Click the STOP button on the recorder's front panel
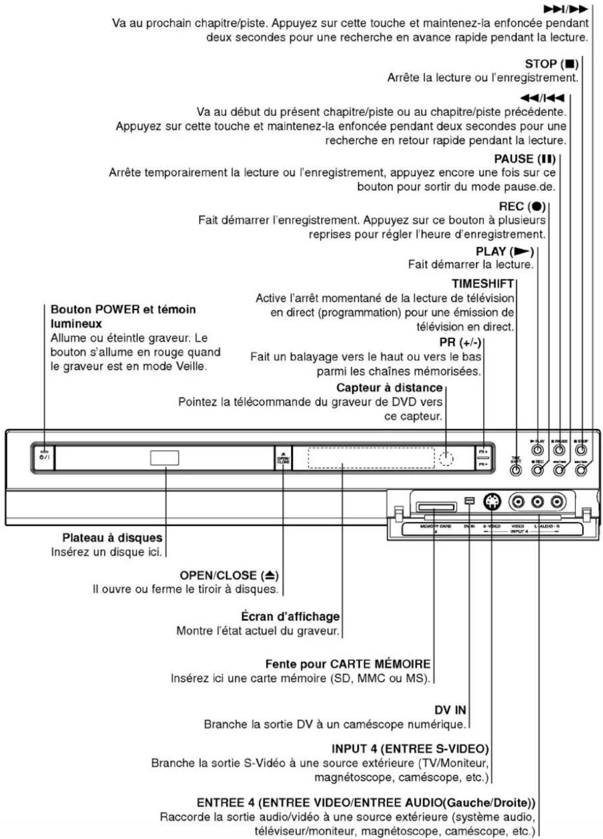pyautogui.click(x=581, y=450)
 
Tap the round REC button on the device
pyautogui.click(x=537, y=470)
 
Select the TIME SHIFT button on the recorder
pyautogui.click(x=516, y=470)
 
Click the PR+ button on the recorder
pyautogui.click(x=483, y=452)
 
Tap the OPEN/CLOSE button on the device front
pyautogui.click(x=283, y=457)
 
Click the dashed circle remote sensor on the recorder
pyautogui.click(x=446, y=458)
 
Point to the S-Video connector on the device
pyautogui.click(x=492, y=501)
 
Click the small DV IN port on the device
pyautogui.click(x=469, y=501)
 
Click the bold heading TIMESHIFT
pyautogui.click(x=483, y=284)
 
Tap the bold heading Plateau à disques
pyautogui.click(x=112, y=538)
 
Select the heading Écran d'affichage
pyautogui.click(x=290, y=616)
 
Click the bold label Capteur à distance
pyautogui.click(x=389, y=388)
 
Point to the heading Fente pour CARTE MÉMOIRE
pyautogui.click(x=347, y=664)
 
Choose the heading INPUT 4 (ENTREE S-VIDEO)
pyautogui.click(x=410, y=749)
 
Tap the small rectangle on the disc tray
pyautogui.click(x=164, y=458)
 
